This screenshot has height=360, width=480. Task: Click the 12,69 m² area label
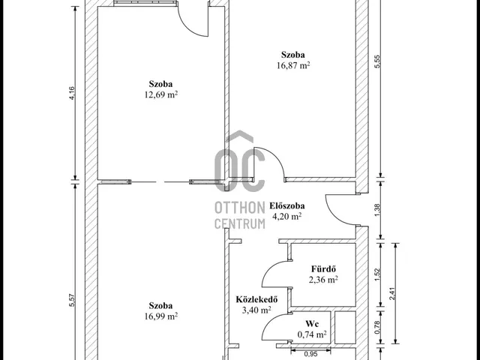point(162,94)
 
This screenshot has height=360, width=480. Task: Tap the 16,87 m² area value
point(294,65)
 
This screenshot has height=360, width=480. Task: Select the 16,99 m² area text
point(161,316)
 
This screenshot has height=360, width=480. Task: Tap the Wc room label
point(312,325)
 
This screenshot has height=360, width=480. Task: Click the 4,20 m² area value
point(286,216)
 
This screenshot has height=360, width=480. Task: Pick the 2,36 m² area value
point(322,280)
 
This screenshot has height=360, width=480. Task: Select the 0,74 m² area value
point(312,334)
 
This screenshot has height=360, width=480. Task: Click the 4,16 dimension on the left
point(72,94)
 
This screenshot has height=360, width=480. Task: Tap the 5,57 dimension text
point(72,300)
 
